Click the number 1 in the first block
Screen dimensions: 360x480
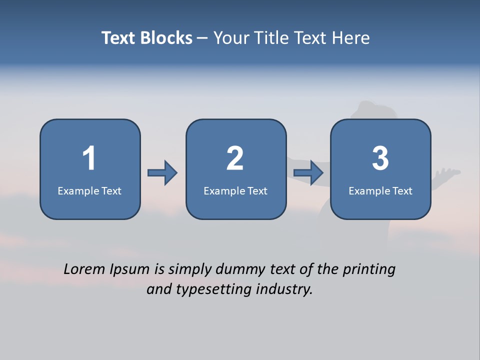pos(89,158)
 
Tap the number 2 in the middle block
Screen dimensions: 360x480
pos(235,158)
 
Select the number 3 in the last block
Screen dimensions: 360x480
pos(380,158)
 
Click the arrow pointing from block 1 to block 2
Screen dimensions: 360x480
pos(162,173)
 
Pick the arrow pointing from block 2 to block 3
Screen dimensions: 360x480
pos(308,173)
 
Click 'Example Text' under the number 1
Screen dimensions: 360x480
pos(89,191)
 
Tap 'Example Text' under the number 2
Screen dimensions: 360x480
pos(235,191)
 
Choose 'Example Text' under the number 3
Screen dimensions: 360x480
pos(380,191)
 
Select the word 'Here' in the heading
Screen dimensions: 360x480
pos(351,38)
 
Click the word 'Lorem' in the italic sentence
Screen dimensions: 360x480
pos(85,269)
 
